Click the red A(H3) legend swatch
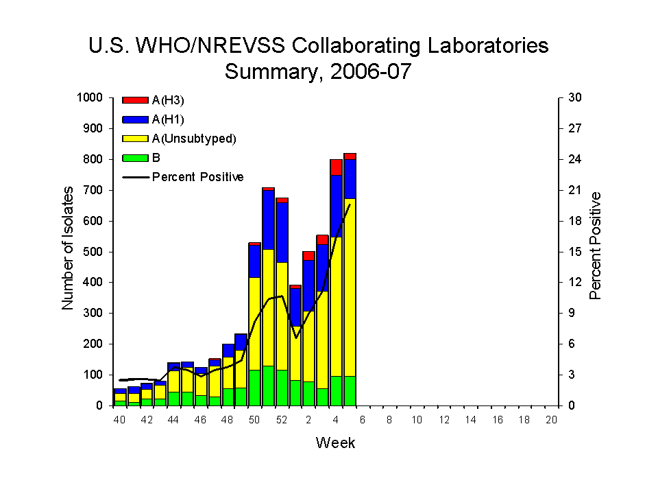pyautogui.click(x=135, y=100)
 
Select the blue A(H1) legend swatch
pyautogui.click(x=135, y=119)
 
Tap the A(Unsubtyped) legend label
pyautogui.click(x=194, y=139)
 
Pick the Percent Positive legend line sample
pyautogui.click(x=135, y=177)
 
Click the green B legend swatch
pyautogui.click(x=135, y=158)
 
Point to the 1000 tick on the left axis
pyautogui.click(x=91, y=98)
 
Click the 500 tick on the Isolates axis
pyautogui.click(x=94, y=252)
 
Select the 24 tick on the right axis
pyautogui.click(x=574, y=159)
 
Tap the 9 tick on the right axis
pyautogui.click(x=572, y=314)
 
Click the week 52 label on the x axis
pyautogui.click(x=282, y=419)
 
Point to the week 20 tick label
pyautogui.click(x=551, y=419)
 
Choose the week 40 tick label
pyautogui.click(x=120, y=419)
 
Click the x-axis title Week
pyautogui.click(x=335, y=443)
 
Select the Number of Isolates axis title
pyautogui.click(x=68, y=251)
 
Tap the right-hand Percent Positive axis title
pyautogui.click(x=595, y=246)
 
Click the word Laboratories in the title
pyautogui.click(x=475, y=45)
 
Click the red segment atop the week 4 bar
pyautogui.click(x=336, y=167)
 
